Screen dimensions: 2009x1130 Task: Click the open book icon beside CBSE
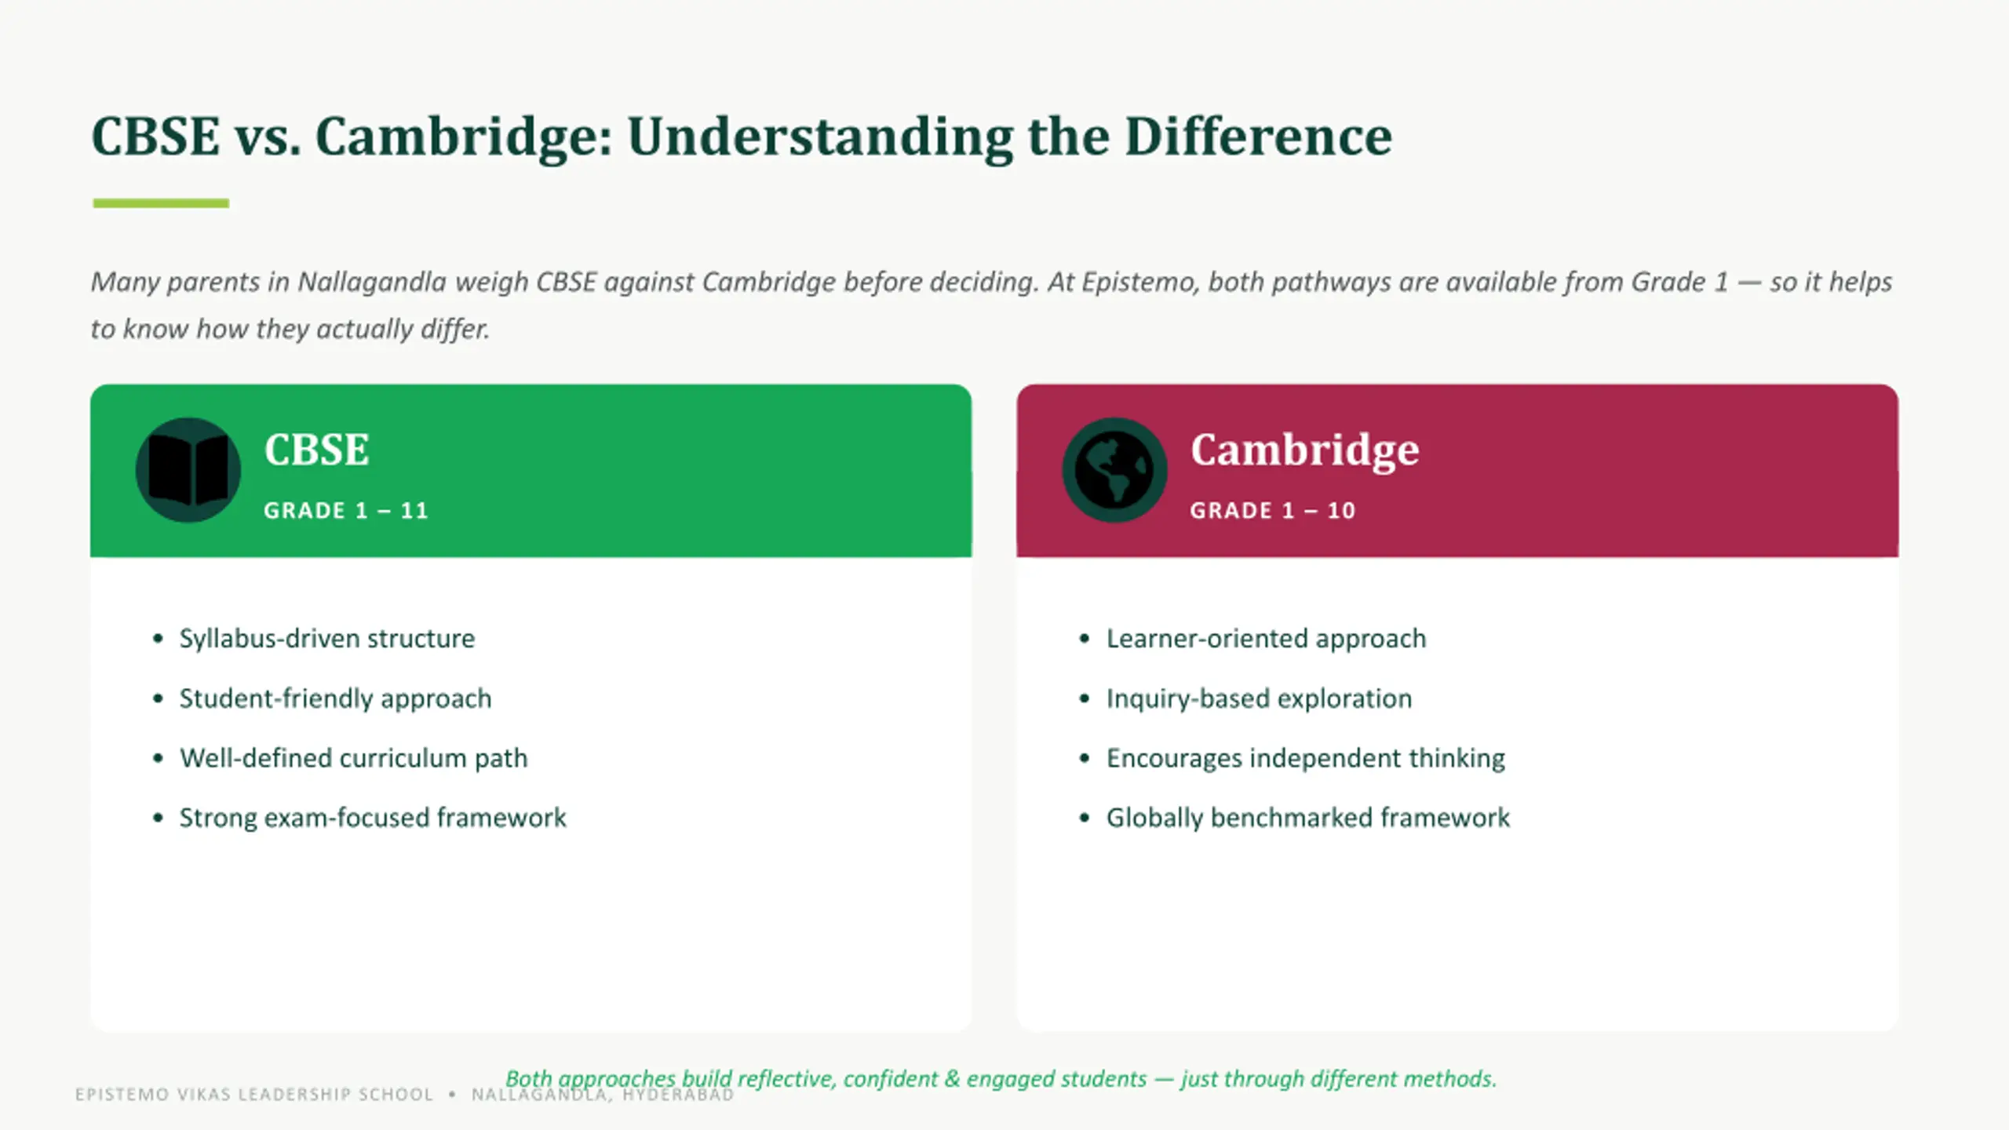[188, 470]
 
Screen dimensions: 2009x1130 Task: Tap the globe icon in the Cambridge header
[1114, 470]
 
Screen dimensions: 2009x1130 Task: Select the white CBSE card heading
[316, 450]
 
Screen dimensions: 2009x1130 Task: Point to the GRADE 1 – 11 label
[346, 511]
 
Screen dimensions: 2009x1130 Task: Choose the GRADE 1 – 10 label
[1272, 511]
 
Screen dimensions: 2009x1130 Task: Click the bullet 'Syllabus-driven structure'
[326, 639]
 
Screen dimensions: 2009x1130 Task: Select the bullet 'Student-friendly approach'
[335, 698]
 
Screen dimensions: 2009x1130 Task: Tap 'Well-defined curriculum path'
[353, 758]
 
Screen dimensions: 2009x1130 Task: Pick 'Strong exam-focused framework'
[373, 818]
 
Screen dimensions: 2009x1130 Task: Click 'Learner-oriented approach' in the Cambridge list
[1266, 639]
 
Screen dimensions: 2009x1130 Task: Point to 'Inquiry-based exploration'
[1259, 698]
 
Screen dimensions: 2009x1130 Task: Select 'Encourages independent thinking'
[1306, 758]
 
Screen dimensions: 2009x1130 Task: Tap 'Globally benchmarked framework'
[1307, 818]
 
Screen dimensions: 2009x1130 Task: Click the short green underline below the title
[161, 203]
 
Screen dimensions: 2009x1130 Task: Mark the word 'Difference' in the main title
[1259, 137]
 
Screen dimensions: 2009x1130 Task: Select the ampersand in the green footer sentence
[952, 1079]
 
